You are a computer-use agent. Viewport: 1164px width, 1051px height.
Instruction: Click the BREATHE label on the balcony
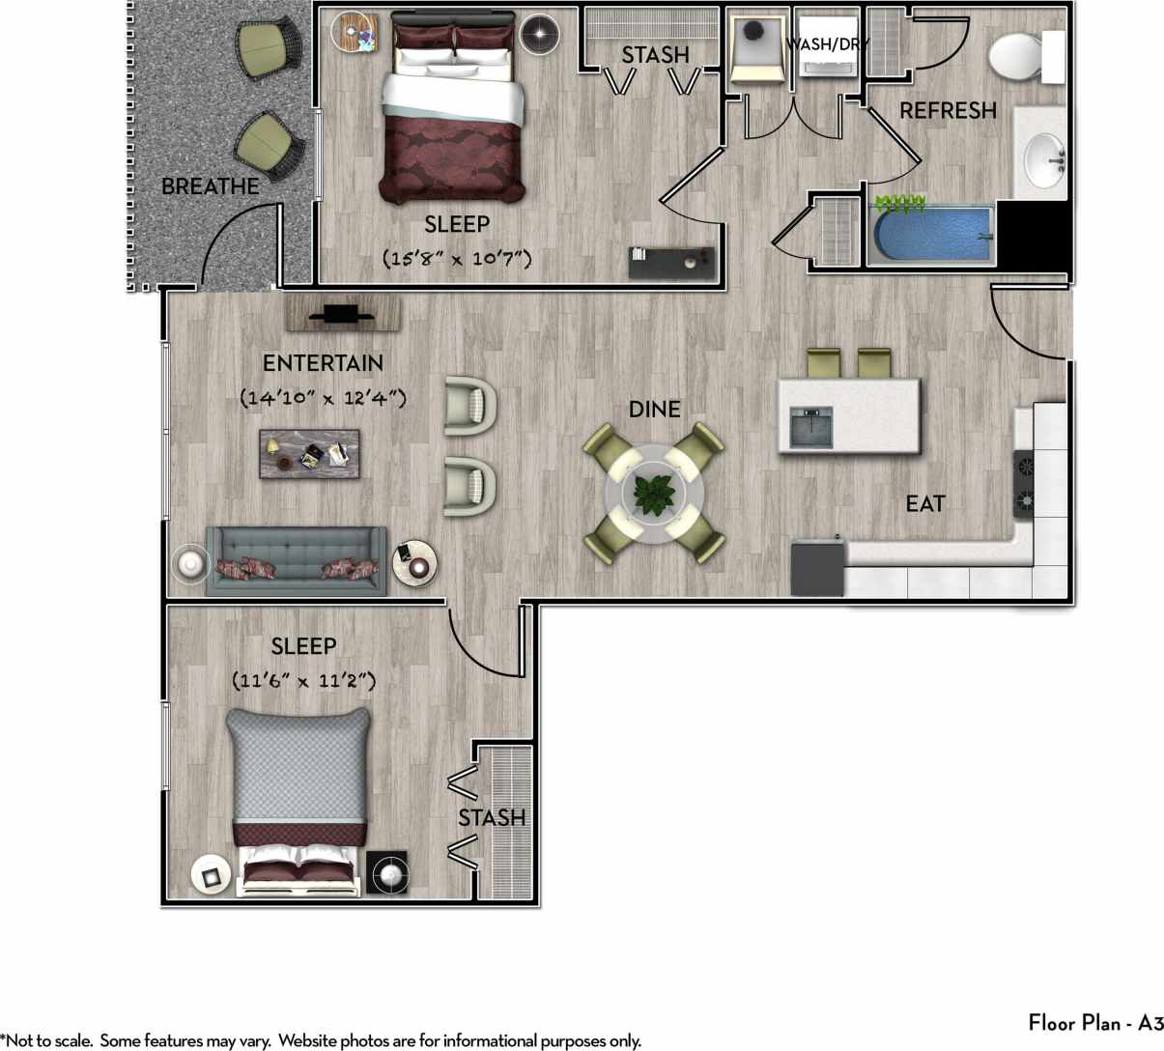(210, 186)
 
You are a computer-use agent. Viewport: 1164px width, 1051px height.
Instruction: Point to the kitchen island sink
(810, 427)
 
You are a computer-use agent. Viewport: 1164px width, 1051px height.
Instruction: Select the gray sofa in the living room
(296, 561)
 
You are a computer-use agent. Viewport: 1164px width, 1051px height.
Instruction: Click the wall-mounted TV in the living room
(342, 313)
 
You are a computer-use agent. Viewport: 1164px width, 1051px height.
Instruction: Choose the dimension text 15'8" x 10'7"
(457, 259)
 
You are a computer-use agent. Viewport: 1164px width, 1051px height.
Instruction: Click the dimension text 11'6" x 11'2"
(304, 681)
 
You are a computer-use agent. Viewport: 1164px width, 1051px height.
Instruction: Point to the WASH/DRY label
(827, 44)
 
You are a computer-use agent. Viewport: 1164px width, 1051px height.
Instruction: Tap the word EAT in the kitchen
(924, 503)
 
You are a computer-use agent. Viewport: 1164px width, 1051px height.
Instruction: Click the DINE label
(654, 410)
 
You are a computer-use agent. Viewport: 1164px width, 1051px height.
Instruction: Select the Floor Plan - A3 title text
(1094, 1023)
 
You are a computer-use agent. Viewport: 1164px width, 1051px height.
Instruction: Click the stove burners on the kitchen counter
(1024, 483)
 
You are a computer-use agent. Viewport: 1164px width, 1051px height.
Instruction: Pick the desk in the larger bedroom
(673, 263)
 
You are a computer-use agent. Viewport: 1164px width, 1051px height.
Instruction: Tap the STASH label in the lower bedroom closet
(492, 818)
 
